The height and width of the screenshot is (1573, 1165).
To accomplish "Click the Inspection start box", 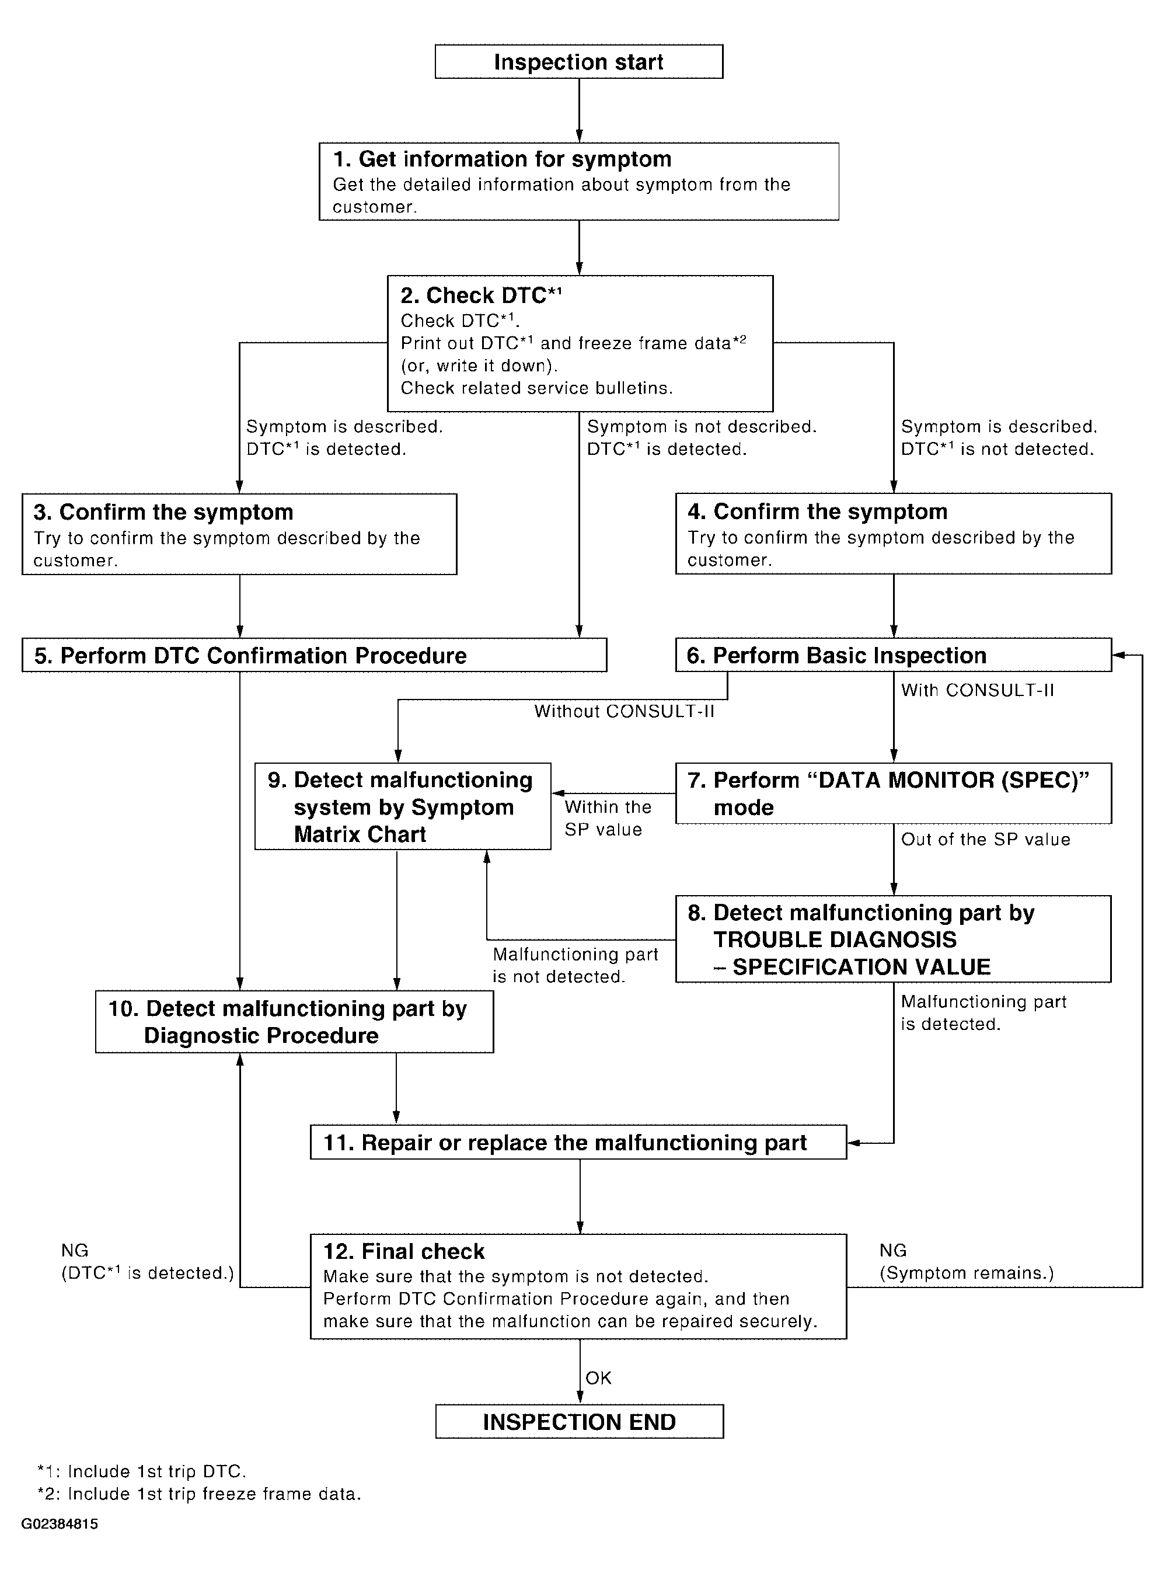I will coord(578,62).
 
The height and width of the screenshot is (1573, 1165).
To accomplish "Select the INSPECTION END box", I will coord(579,1421).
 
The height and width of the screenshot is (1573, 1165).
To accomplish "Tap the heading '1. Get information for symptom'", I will coord(501,159).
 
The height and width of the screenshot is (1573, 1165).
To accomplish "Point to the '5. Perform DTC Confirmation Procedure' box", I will coord(314,655).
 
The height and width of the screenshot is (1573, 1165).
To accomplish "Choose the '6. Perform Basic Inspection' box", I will coord(893,655).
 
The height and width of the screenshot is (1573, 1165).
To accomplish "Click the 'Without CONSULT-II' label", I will coord(624,711).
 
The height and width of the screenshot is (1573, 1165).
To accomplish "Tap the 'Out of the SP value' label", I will coord(985,840).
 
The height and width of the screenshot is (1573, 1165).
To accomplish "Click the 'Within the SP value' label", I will coord(607,818).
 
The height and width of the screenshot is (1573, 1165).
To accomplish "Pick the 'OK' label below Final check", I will coord(598,1377).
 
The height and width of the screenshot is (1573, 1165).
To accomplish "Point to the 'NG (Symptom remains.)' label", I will coord(965,1262).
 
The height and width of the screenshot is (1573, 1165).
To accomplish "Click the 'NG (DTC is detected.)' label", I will coord(147,1262).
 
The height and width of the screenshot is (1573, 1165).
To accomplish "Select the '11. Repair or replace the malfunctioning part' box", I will coord(578,1143).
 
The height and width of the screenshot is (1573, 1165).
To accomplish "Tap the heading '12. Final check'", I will coord(403,1251).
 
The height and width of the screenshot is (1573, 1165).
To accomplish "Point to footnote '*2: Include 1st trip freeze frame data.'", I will coord(199,1493).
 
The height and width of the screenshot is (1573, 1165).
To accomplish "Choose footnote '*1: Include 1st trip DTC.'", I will coord(141,1471).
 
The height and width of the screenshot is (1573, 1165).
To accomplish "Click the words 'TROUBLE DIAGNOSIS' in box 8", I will coord(835,939).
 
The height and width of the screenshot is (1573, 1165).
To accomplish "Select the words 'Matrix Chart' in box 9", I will coord(360,834).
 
